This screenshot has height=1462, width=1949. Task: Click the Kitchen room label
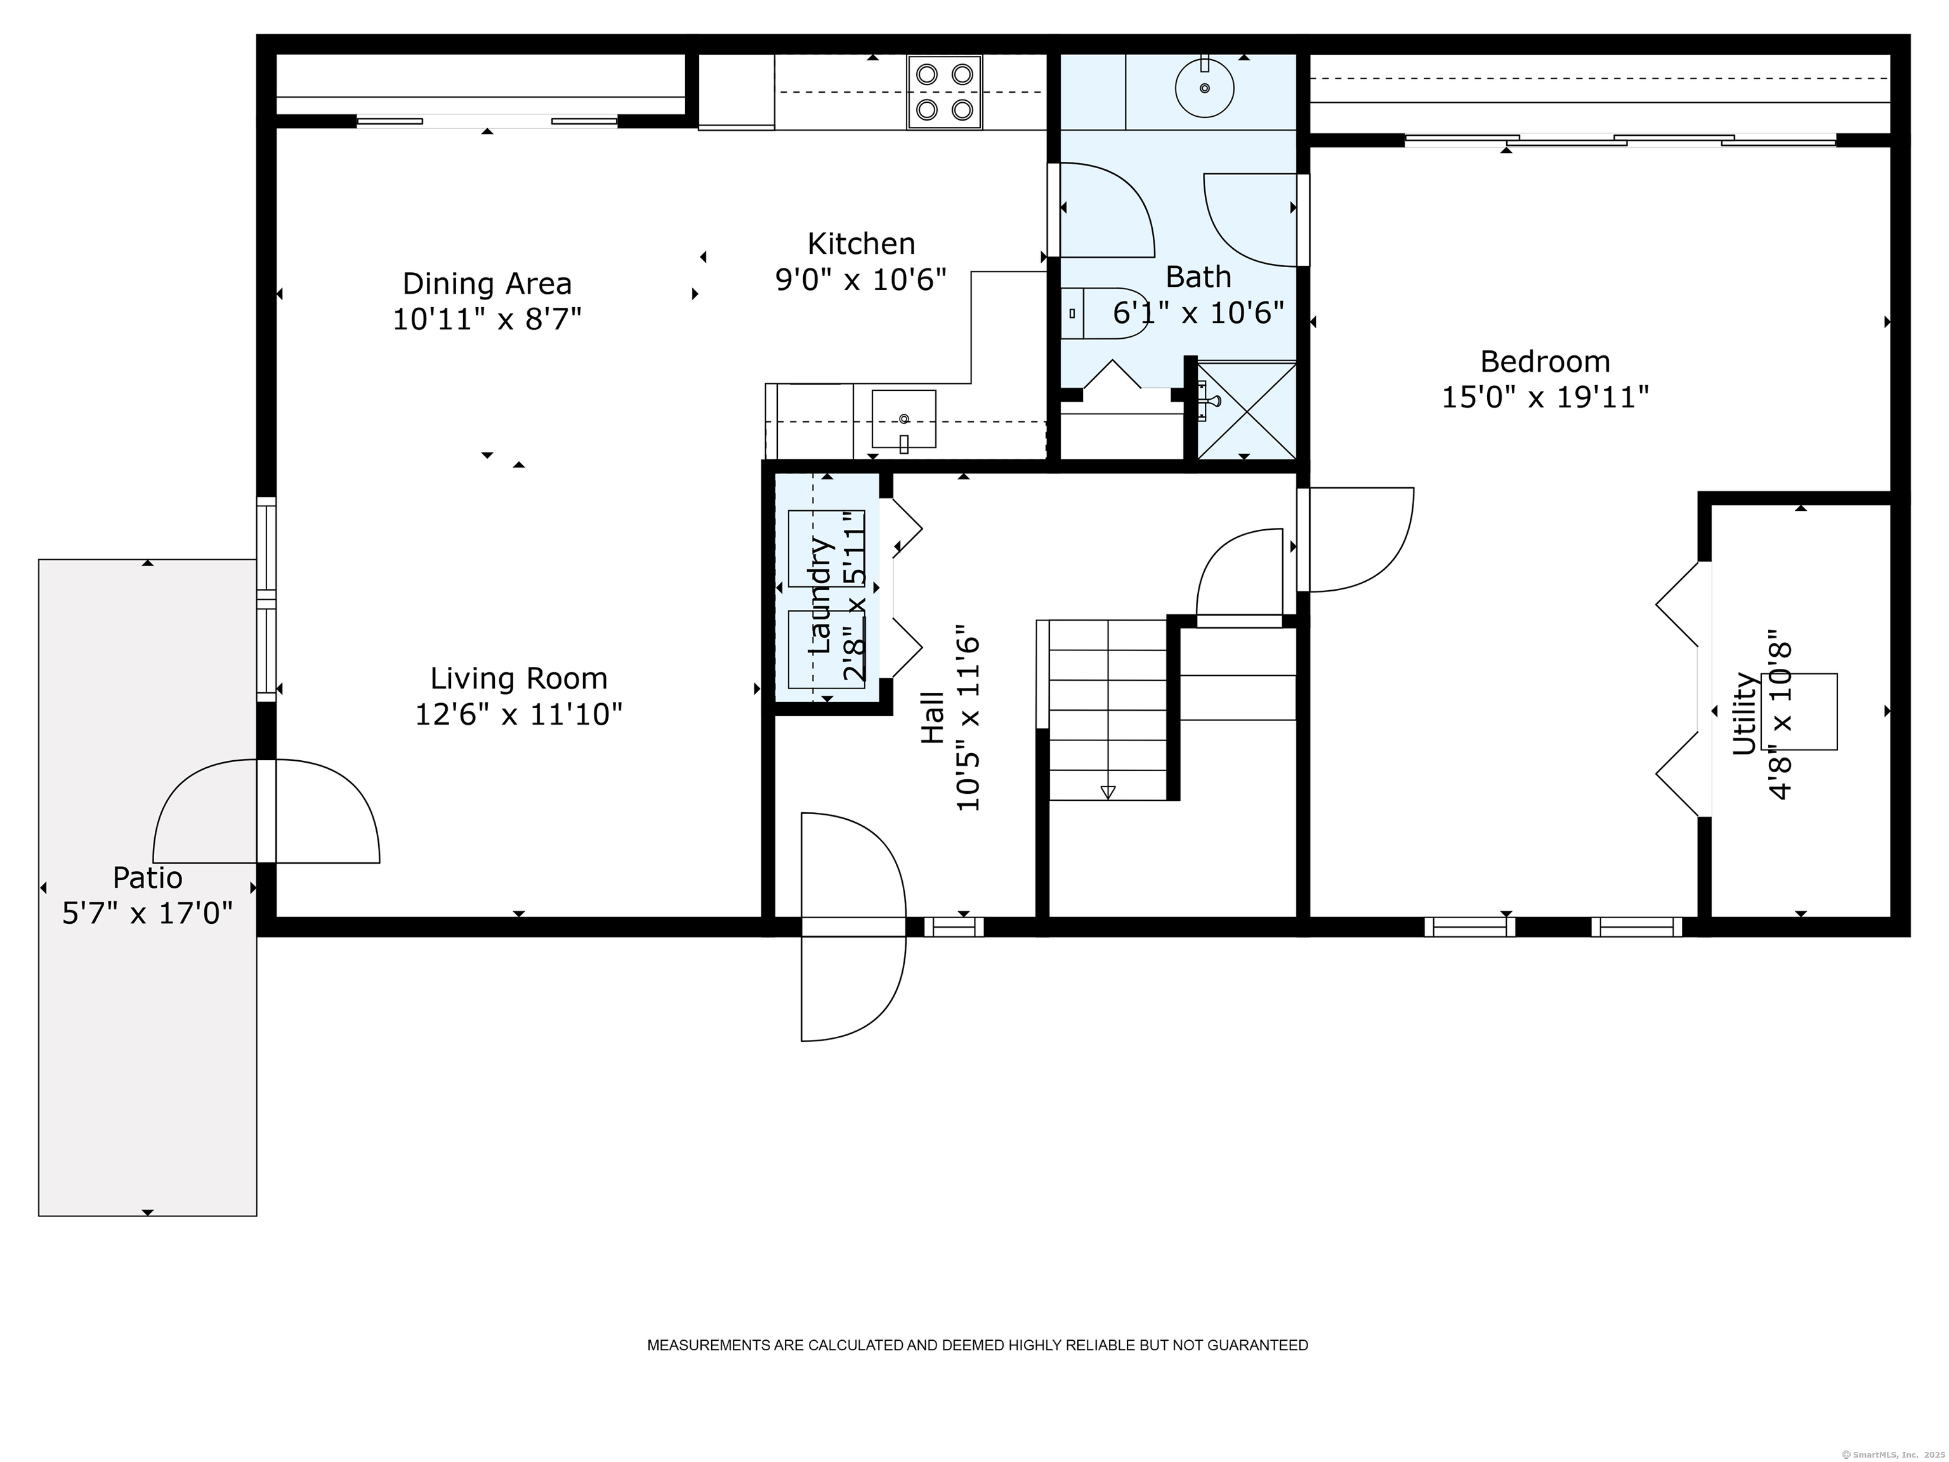(x=861, y=243)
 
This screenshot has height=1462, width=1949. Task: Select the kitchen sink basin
(x=904, y=419)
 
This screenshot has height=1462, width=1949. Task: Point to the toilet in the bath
(x=1104, y=313)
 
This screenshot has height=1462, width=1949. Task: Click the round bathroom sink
(x=1204, y=87)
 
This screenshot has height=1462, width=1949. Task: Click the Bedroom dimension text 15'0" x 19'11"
(x=1545, y=397)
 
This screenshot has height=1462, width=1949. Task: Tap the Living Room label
(x=519, y=678)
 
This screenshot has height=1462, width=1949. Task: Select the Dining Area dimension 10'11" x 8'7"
(x=487, y=319)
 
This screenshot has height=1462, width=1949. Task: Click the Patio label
(x=147, y=878)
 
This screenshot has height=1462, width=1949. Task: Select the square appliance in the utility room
(x=1799, y=712)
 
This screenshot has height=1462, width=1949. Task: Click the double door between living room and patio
(x=266, y=811)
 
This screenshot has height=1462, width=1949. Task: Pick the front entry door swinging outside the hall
(x=853, y=926)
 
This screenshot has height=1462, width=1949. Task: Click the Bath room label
(x=1198, y=277)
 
